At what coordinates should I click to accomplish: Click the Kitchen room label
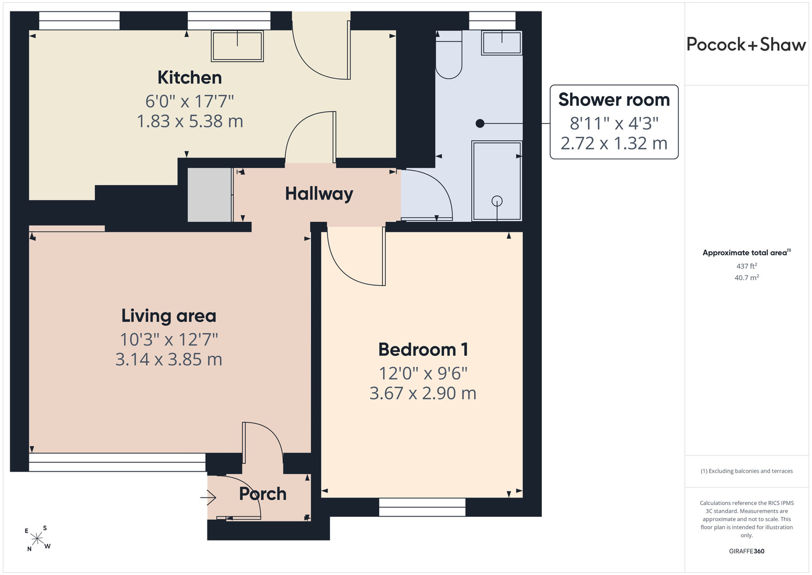[x=190, y=78]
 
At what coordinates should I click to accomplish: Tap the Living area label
[x=168, y=316]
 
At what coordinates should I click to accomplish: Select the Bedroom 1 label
[x=423, y=350]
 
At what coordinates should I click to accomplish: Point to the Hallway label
[x=319, y=194]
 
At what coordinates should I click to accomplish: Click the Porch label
[x=263, y=494]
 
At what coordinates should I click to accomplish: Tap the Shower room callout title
[x=614, y=100]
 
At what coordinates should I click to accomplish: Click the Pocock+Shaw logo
[x=746, y=44]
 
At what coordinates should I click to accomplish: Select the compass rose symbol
[x=37, y=539]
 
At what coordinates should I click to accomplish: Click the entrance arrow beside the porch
[x=208, y=497]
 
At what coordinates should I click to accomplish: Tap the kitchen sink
[x=237, y=46]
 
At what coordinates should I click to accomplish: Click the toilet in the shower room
[x=449, y=55]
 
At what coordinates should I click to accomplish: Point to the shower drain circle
[x=497, y=201]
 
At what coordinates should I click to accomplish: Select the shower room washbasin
[x=502, y=43]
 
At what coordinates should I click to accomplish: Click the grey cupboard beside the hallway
[x=210, y=195]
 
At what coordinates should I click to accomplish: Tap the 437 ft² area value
[x=746, y=266]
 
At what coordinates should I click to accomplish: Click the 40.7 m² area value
[x=746, y=278]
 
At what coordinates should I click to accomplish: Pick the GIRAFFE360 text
[x=746, y=551]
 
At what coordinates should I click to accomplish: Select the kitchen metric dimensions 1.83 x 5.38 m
[x=190, y=121]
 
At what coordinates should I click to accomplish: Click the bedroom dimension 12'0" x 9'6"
[x=423, y=373]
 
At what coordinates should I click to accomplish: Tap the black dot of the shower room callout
[x=480, y=124]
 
